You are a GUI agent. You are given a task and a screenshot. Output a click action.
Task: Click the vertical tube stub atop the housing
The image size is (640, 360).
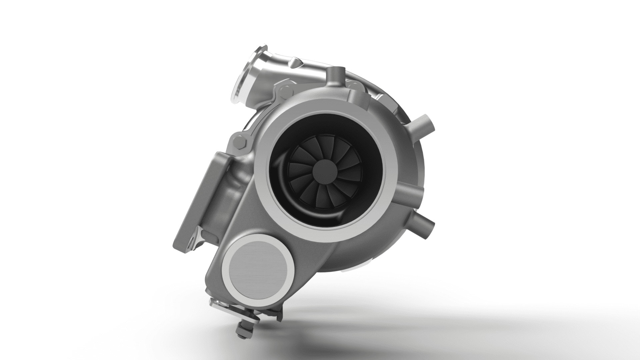pyautogui.click(x=335, y=75)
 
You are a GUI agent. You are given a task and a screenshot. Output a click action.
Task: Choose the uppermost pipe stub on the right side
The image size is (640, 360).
pyautogui.click(x=425, y=123)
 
